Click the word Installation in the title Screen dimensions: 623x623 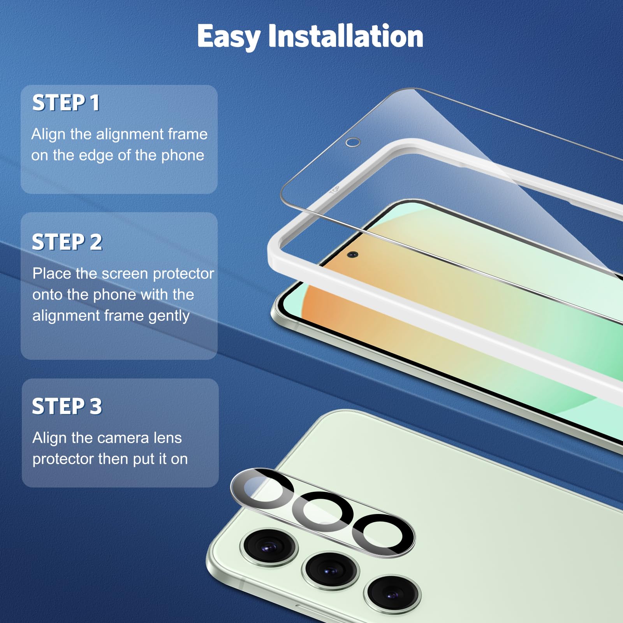[x=346, y=37]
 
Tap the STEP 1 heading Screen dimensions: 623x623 [x=66, y=103]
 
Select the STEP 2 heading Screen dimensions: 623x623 [x=67, y=242]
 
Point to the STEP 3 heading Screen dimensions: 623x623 [x=67, y=407]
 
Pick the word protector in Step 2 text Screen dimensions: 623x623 [x=183, y=274]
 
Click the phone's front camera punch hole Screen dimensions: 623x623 [x=352, y=255]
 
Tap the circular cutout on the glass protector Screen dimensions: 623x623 [x=353, y=142]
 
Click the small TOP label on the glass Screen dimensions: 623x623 [x=334, y=190]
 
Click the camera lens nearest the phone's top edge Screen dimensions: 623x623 [x=269, y=547]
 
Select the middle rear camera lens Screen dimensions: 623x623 [x=330, y=570]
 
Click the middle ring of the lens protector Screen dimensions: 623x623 [x=322, y=511]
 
